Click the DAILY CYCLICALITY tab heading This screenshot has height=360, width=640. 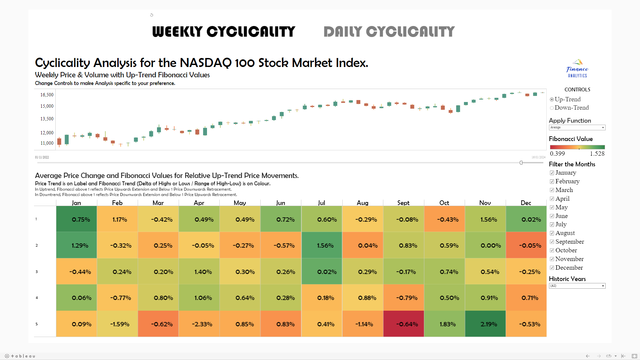(x=389, y=32)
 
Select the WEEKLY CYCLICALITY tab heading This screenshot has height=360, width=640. (x=224, y=32)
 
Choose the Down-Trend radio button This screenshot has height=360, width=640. (x=552, y=108)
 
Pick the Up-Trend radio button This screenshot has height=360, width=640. (x=552, y=99)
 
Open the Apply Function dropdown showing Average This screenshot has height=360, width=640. (x=577, y=128)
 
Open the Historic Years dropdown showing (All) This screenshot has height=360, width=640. (x=577, y=286)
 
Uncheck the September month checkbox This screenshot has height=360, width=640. (x=552, y=242)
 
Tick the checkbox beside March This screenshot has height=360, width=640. (x=552, y=190)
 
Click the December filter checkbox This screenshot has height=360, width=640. (x=552, y=268)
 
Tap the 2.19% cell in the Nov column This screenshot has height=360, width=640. (x=485, y=324)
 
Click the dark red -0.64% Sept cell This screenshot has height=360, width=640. (x=404, y=324)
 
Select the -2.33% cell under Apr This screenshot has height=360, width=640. (x=199, y=324)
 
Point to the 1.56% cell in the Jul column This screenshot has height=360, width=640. (x=322, y=246)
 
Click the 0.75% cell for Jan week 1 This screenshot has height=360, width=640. (x=77, y=219)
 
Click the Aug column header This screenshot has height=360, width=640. (x=363, y=203)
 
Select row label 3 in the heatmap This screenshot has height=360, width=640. (x=37, y=272)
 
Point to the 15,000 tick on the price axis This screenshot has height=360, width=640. (x=47, y=106)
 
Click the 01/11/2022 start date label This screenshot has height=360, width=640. (x=42, y=157)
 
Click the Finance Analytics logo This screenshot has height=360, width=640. (x=577, y=68)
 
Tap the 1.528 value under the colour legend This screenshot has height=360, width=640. (x=597, y=154)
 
